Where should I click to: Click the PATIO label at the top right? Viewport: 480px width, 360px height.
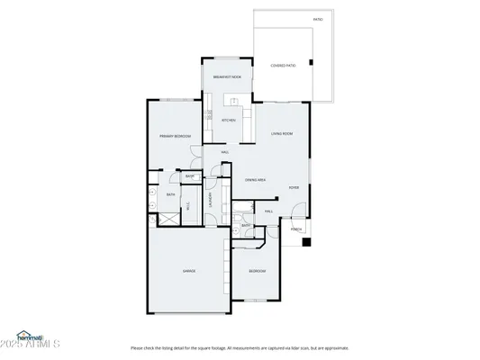[317, 18]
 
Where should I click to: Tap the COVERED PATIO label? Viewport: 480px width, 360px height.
[283, 65]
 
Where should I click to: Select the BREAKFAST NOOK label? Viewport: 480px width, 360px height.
[227, 77]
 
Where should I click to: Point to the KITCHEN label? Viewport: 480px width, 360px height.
[229, 120]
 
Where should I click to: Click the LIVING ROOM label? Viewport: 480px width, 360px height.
[282, 133]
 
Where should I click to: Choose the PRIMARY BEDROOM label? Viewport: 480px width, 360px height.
[175, 136]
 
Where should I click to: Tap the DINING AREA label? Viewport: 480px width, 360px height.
[255, 180]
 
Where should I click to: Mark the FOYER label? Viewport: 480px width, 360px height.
[294, 188]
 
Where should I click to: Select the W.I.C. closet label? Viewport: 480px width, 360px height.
[188, 205]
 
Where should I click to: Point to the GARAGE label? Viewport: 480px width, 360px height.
[189, 270]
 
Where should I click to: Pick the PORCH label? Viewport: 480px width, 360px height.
[296, 229]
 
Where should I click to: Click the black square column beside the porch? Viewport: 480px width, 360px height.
[306, 241]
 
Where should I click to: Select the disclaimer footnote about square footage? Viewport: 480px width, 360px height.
[240, 347]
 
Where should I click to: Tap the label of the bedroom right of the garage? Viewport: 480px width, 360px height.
[257, 270]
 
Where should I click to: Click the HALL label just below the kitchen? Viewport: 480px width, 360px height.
[223, 152]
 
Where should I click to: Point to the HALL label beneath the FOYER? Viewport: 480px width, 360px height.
[268, 211]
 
